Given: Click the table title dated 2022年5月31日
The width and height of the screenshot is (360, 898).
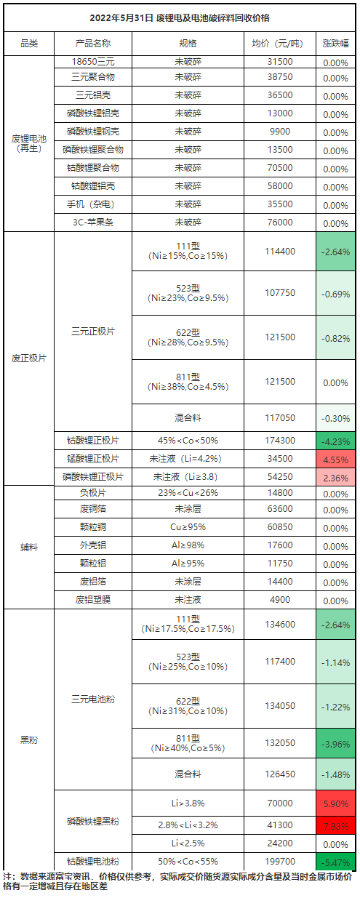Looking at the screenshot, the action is coord(180,18).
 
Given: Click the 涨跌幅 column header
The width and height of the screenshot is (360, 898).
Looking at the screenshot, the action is coord(335,44).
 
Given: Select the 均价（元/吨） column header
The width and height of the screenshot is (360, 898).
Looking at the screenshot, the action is coord(280,44).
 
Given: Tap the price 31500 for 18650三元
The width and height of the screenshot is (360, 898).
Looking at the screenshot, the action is coord(280,62).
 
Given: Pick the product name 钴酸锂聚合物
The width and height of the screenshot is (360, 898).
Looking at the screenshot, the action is coord(93,168).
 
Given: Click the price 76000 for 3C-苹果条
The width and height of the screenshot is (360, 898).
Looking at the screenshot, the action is coord(280,223).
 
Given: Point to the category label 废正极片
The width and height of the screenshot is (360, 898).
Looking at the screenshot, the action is coord(29,358).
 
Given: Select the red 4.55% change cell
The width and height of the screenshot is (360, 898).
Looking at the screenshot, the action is coord(335,459).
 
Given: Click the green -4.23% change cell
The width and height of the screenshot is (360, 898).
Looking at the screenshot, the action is coord(335,441).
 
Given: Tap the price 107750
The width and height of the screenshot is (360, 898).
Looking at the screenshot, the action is coord(280,293).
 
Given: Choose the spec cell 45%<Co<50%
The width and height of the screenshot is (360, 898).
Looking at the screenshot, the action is coord(188,441).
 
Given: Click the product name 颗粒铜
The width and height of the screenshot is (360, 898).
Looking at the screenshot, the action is coord(93,527).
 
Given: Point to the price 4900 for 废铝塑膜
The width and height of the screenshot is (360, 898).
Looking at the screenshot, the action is coord(280,600).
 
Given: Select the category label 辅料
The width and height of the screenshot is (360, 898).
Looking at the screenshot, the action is coord(29,548).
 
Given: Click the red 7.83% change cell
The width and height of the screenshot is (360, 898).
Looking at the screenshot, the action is coord(335,826).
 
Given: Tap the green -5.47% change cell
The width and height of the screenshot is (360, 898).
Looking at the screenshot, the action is coord(335,862).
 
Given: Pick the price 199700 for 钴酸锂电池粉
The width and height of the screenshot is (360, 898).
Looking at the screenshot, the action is coord(280,862).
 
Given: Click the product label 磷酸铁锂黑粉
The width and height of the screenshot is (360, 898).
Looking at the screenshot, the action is coord(93,822).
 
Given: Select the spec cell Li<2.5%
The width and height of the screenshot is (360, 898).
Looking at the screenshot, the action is coord(188,843).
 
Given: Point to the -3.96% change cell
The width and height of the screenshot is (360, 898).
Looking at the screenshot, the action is coord(335,744).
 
